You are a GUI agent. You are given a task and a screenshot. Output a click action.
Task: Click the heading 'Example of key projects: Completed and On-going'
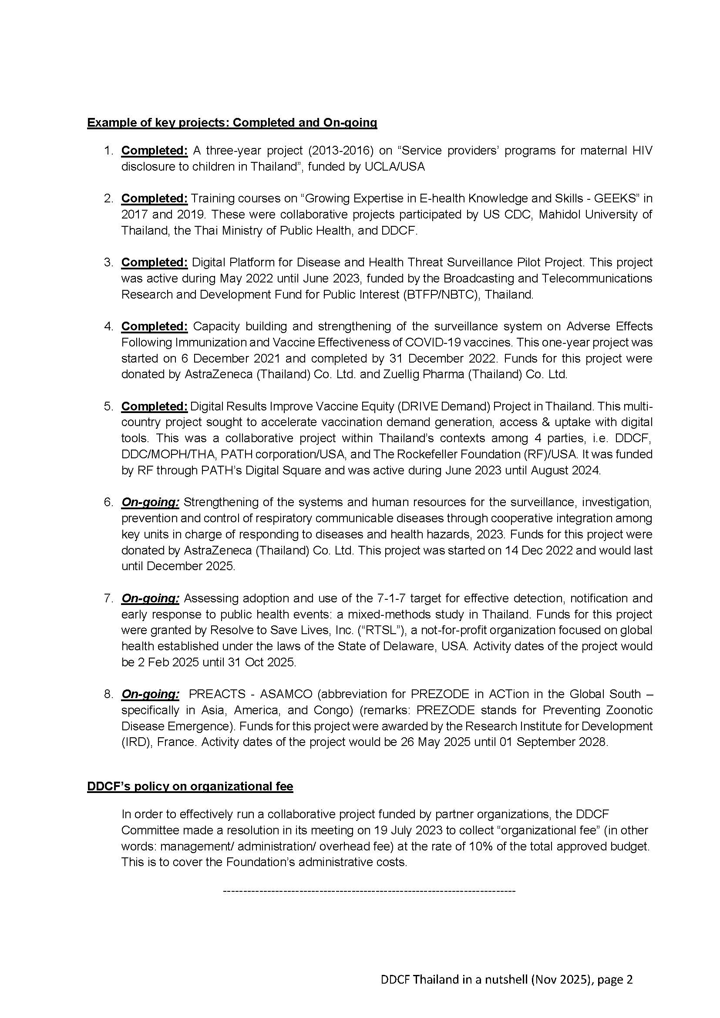(x=232, y=123)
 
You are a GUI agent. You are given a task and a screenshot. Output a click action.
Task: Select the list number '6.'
(x=109, y=502)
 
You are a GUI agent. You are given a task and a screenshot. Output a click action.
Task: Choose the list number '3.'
(x=109, y=262)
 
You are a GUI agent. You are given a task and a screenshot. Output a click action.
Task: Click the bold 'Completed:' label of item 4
(x=154, y=326)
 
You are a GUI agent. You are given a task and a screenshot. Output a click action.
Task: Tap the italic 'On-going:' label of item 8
(x=150, y=694)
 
